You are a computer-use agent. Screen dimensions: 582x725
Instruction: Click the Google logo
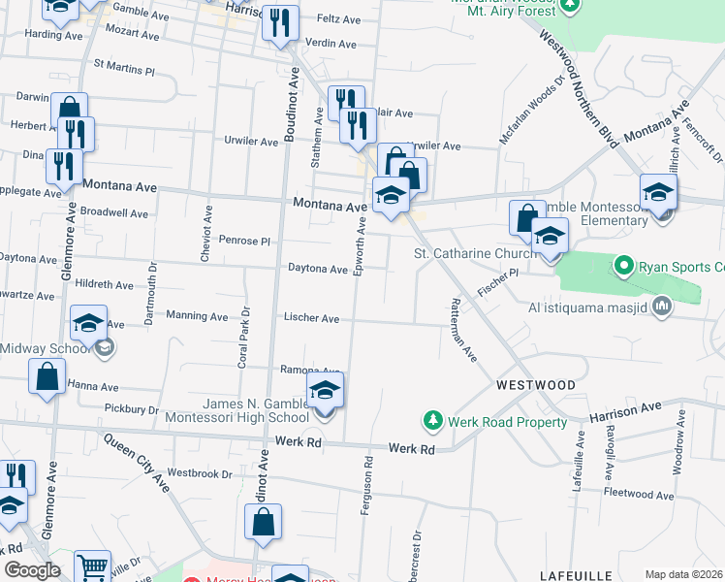(31, 570)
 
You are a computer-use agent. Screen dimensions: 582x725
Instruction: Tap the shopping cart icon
(92, 566)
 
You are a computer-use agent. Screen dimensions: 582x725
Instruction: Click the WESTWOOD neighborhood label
(535, 385)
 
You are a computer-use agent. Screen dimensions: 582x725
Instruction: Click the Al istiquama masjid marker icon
(662, 307)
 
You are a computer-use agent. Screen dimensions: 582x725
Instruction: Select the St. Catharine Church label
(475, 254)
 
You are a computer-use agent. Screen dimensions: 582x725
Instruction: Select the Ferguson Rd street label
(367, 484)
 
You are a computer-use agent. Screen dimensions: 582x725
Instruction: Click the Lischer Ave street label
(311, 318)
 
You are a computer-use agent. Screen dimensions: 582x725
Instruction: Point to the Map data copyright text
(682, 574)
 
